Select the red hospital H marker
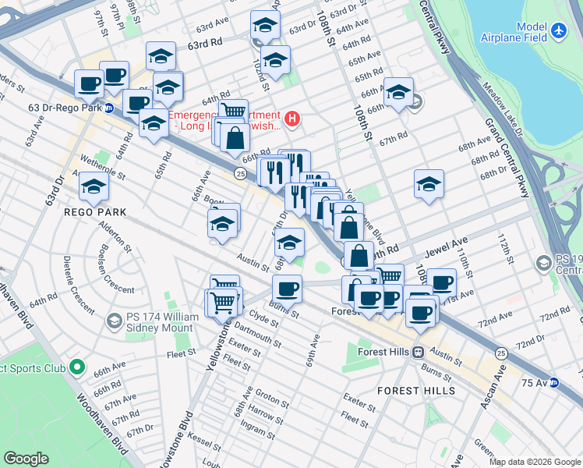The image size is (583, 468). [292, 119]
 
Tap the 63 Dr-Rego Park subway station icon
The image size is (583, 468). [110, 108]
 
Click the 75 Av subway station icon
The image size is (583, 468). [553, 382]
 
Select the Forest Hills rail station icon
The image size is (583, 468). [419, 353]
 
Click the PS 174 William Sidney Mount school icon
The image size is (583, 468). [114, 321]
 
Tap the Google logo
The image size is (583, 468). [26, 459]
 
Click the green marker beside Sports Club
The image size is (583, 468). [77, 366]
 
